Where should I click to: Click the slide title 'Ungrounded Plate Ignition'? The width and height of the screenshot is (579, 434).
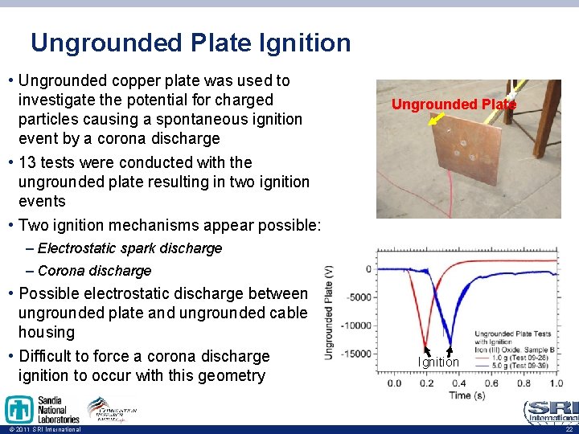(x=191, y=43)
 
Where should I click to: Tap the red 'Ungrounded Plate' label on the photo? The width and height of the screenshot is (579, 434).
(x=454, y=104)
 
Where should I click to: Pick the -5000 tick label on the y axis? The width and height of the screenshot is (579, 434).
(x=359, y=297)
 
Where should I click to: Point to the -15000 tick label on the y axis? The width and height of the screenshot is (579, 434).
(x=356, y=354)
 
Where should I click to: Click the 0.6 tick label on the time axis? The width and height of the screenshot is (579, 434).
(x=490, y=383)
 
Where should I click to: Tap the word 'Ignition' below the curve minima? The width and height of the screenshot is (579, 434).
(x=438, y=362)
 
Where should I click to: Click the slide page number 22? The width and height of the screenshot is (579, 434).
(x=567, y=430)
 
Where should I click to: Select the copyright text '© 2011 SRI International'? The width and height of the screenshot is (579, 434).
(x=42, y=430)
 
